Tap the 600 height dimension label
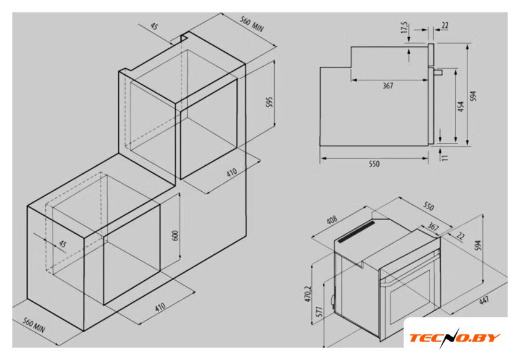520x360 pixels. (x=175, y=235)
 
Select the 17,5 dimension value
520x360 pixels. (x=405, y=28)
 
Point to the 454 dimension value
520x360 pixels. (x=461, y=106)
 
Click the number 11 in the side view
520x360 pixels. (x=444, y=156)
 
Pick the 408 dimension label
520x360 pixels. (x=332, y=220)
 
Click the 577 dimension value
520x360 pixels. (x=319, y=312)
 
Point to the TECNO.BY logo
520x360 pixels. (x=454, y=338)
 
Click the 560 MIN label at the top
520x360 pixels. (x=252, y=24)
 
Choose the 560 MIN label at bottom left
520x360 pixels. (x=33, y=325)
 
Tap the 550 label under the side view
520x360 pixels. (x=374, y=164)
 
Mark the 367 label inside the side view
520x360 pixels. (x=388, y=85)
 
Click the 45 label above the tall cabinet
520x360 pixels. (x=154, y=26)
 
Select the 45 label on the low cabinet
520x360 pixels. (x=63, y=244)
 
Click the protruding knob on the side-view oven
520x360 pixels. (x=438, y=72)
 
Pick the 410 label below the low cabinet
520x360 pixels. (x=160, y=307)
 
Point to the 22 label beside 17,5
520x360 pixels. (x=445, y=25)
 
